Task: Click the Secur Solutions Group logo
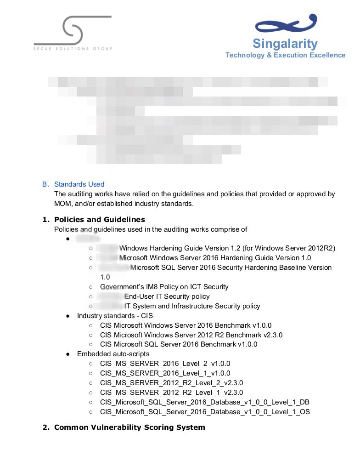click(73, 33)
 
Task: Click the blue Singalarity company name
click(285, 44)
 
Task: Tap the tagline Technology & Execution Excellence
click(285, 55)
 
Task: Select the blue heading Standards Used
click(79, 184)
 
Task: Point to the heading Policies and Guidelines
click(99, 219)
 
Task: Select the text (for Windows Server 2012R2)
click(289, 248)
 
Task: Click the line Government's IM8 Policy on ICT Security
click(164, 287)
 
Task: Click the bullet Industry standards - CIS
click(115, 316)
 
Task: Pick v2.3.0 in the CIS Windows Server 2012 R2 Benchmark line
click(273, 335)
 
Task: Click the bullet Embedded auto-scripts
click(113, 354)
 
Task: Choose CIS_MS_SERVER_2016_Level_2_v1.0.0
click(165, 364)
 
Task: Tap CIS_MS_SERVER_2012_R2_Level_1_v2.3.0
click(171, 393)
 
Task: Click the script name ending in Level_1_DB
click(204, 402)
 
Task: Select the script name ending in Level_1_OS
click(205, 412)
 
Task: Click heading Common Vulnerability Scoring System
click(129, 427)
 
